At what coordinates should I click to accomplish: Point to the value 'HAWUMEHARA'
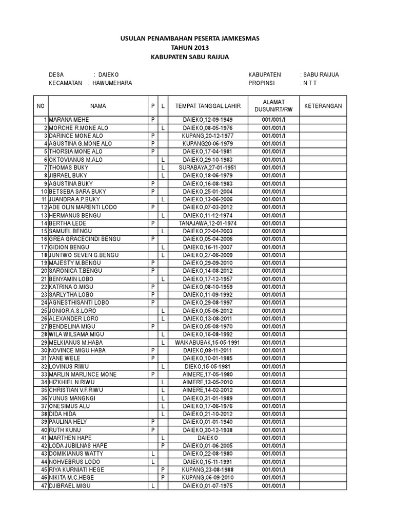click(112, 83)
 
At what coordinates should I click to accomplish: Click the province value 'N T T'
click(310, 83)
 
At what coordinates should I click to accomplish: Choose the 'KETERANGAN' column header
click(323, 106)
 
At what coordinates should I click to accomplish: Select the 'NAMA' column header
click(98, 106)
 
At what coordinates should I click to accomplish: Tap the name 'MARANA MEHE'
click(70, 120)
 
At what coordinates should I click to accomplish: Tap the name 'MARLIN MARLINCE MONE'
click(83, 374)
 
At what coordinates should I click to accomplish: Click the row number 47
click(44, 485)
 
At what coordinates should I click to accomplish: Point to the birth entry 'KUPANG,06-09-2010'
click(204, 478)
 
